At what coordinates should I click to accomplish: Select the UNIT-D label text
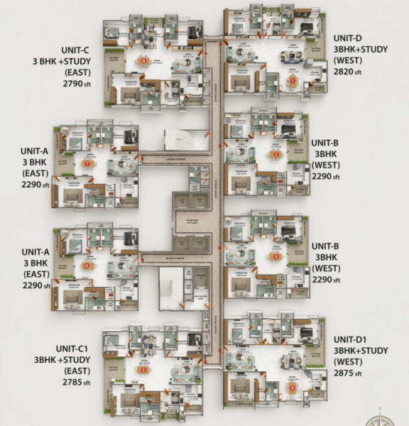click(348, 38)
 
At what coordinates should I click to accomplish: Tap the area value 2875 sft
click(348, 373)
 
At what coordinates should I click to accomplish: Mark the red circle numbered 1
click(292, 81)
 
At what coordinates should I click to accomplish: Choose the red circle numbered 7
click(87, 163)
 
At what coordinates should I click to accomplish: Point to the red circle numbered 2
click(276, 155)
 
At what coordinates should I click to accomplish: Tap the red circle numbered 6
click(87, 266)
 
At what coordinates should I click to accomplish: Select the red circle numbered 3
click(276, 256)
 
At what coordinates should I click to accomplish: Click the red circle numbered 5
click(143, 369)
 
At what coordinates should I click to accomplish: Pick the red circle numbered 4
click(292, 388)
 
